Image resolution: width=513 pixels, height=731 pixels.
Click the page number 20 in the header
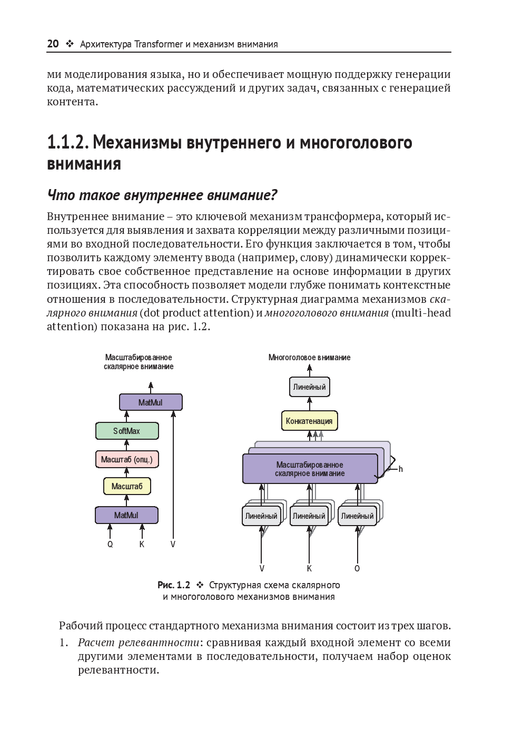[x=53, y=44]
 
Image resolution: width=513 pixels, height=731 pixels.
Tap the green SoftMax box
[x=127, y=431]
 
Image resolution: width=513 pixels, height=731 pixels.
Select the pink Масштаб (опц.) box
[x=127, y=459]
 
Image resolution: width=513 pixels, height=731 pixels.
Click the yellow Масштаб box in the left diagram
[x=127, y=486]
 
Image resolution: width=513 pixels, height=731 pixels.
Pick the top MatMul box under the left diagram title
[x=151, y=403]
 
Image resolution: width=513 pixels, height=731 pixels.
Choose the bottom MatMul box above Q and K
[x=126, y=515]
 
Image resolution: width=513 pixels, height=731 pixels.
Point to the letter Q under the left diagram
[x=110, y=545]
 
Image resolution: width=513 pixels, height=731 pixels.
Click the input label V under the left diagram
[x=173, y=545]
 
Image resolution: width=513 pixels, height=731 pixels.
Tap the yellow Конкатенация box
[x=309, y=421]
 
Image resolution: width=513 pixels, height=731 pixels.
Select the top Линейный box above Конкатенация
[x=310, y=387]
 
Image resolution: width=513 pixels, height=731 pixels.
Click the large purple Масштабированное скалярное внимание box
[x=310, y=469]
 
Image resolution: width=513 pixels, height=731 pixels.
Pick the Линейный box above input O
[x=357, y=516]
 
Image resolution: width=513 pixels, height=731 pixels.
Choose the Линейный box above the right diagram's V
[x=261, y=516]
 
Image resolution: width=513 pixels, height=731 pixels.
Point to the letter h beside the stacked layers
[x=400, y=469]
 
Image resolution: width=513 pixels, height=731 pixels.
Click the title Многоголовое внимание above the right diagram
[x=309, y=358]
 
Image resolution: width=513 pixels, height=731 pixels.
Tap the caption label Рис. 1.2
[x=173, y=585]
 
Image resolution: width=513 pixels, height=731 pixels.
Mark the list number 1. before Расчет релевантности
[x=63, y=643]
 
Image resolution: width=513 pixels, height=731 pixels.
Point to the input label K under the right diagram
[x=309, y=569]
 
